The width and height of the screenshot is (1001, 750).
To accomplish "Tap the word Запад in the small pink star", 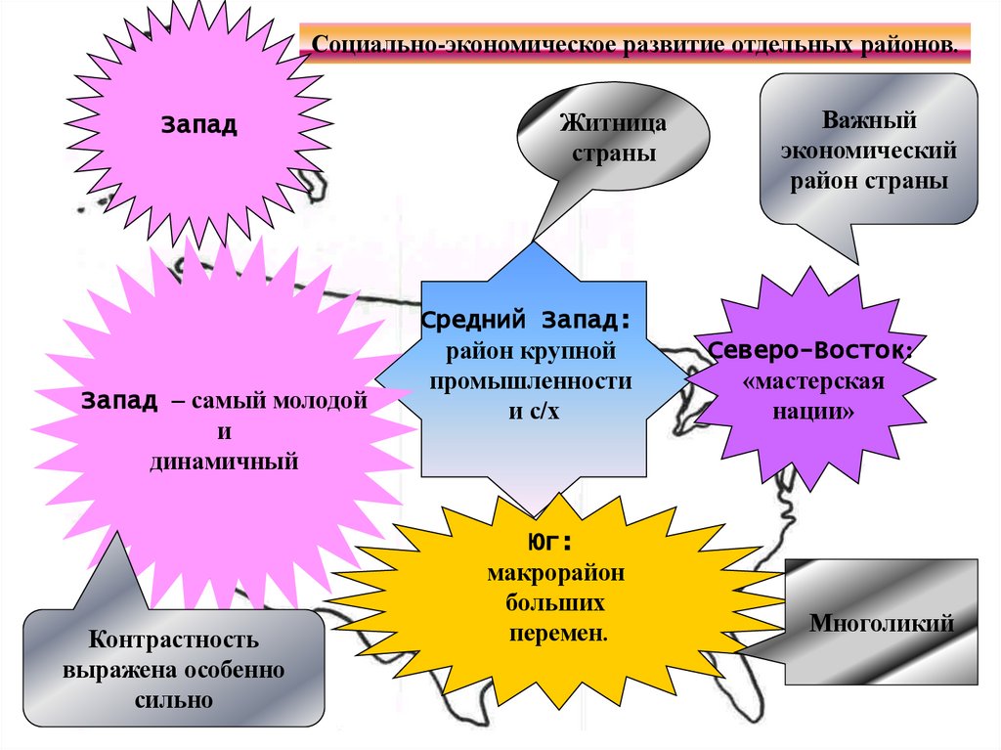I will pyautogui.click(x=199, y=125).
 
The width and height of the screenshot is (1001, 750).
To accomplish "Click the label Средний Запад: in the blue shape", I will pyautogui.click(x=527, y=320).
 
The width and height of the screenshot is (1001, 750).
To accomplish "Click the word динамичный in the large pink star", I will pyautogui.click(x=224, y=460).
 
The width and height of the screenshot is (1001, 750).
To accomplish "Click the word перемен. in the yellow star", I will pyautogui.click(x=558, y=633).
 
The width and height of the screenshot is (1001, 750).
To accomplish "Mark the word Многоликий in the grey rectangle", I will pyautogui.click(x=881, y=623).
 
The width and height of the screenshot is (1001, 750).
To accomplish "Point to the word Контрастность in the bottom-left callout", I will pyautogui.click(x=174, y=641).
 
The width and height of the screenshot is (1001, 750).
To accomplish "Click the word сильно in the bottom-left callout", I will pyautogui.click(x=174, y=700).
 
